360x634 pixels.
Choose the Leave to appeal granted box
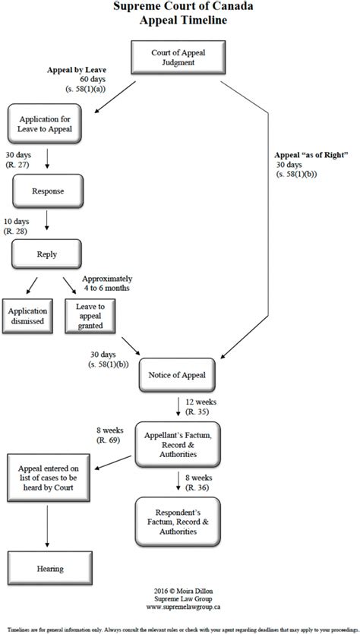[90, 316]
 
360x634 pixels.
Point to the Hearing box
[48, 569]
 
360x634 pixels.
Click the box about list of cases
[48, 475]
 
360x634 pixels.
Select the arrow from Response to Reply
[47, 220]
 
